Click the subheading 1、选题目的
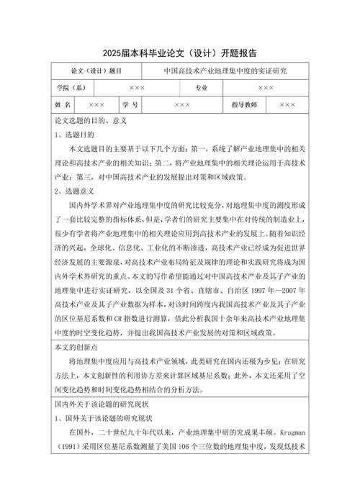tap(75, 135)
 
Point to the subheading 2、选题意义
tap(75, 191)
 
